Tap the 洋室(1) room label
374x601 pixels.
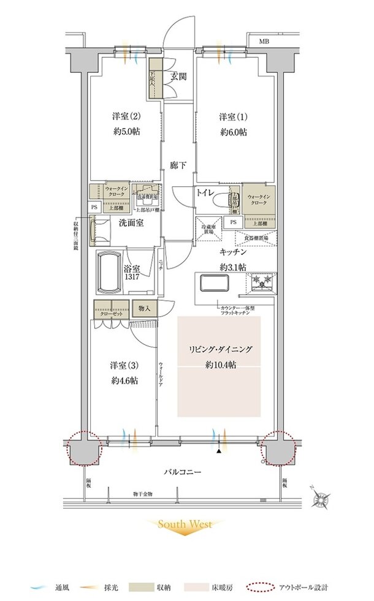234,116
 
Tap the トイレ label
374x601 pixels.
205,192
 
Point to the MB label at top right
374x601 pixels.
263,42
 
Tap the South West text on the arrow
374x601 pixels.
185,524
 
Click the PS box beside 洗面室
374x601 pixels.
94,207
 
